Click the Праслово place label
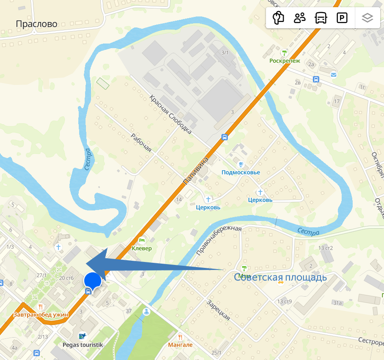[x=36, y=24]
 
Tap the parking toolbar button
[x=342, y=18]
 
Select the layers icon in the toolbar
[x=368, y=18]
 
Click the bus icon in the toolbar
[x=321, y=18]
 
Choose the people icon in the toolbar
[x=300, y=18]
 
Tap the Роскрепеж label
[x=285, y=60]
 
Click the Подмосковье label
[x=241, y=172]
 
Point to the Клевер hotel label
[x=141, y=248]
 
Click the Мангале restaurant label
[x=180, y=345]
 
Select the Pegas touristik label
[x=83, y=345]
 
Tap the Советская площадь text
[x=280, y=277]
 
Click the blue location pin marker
[x=93, y=281]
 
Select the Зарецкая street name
[x=218, y=310]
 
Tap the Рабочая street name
[x=141, y=143]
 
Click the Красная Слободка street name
[x=170, y=114]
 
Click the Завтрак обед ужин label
[x=41, y=314]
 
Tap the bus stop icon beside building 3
[x=225, y=137]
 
